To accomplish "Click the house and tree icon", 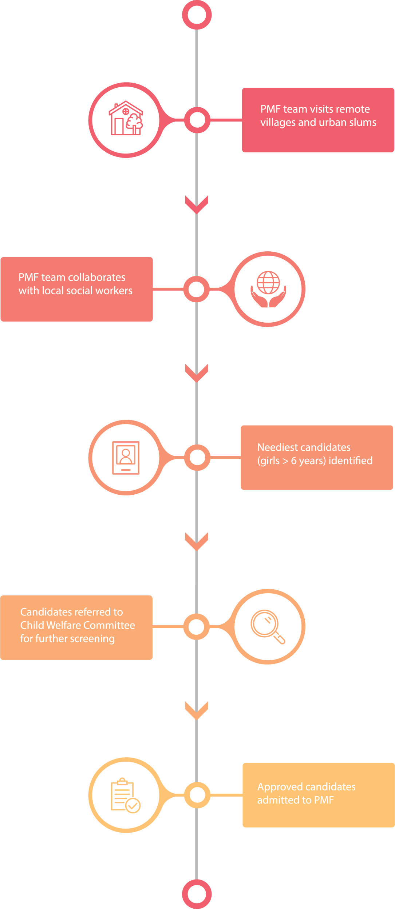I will pyautogui.click(x=126, y=118).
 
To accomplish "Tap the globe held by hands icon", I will pyautogui.click(x=268, y=289).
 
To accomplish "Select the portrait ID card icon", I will pyautogui.click(x=126, y=458).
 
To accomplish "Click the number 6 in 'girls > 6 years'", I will pyautogui.click(x=294, y=461).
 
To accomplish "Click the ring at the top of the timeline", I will pyautogui.click(x=197, y=15).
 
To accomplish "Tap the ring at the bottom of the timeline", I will pyautogui.click(x=197, y=894).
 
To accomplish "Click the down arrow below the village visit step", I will pyautogui.click(x=197, y=204).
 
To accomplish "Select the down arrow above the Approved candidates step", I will pyautogui.click(x=197, y=710).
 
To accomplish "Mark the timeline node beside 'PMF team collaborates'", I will pyautogui.click(x=197, y=289).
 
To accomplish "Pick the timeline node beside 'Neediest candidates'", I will pyautogui.click(x=197, y=458).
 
